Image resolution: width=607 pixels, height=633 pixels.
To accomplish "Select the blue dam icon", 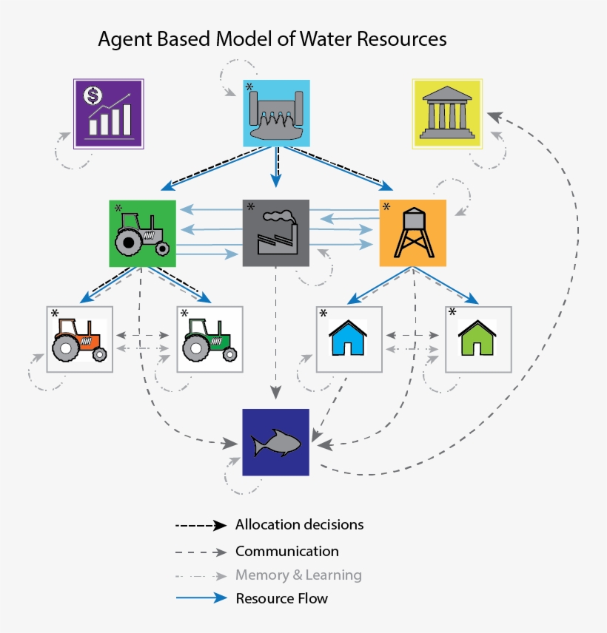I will click(x=277, y=112).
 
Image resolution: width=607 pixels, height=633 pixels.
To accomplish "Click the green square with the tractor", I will click(x=142, y=233).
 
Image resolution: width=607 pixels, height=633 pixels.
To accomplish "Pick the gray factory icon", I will click(x=276, y=233).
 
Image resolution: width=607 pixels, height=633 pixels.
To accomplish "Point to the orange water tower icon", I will click(x=412, y=233).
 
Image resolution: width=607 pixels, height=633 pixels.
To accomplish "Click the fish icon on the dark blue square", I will click(x=275, y=443).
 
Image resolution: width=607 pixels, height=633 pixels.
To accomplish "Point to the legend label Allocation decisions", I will click(x=299, y=525).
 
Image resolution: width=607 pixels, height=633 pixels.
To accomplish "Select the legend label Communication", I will click(x=286, y=552).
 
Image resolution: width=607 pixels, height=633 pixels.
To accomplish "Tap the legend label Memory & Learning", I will click(x=298, y=575).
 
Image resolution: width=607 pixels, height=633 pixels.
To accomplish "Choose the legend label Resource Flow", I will click(x=281, y=598).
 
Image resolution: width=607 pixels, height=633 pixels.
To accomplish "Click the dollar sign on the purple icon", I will click(x=93, y=95).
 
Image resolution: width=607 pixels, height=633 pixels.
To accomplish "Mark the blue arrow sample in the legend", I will click(x=200, y=598).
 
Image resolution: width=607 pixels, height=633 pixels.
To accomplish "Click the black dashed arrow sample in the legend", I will click(x=200, y=526).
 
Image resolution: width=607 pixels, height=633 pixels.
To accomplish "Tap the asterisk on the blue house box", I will click(x=323, y=313).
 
